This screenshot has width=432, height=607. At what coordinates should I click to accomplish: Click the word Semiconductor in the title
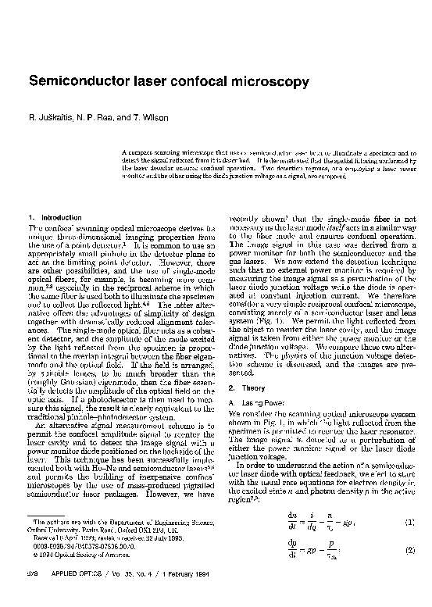(77, 81)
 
